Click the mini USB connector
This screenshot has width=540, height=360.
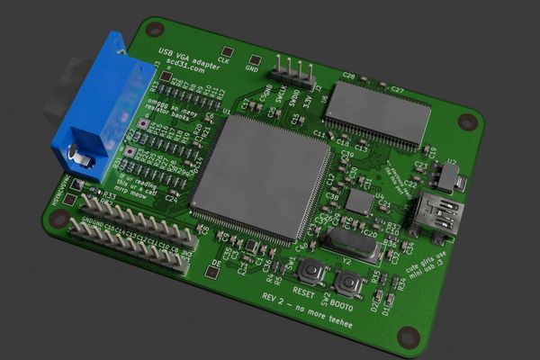438,217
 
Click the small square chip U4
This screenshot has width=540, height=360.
359,202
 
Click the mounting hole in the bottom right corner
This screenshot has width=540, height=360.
408,336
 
